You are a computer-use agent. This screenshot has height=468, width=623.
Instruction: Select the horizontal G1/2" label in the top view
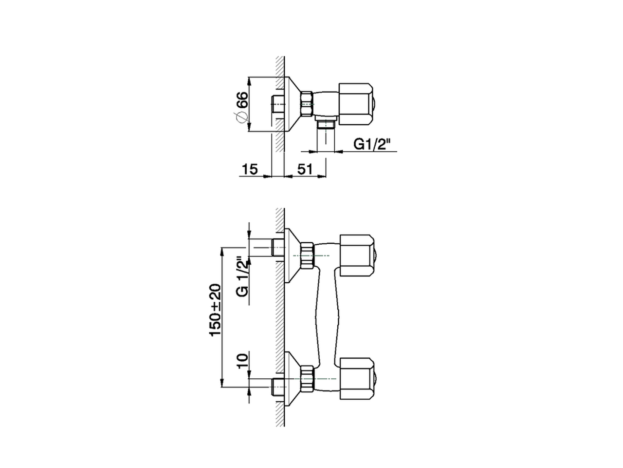[373, 144]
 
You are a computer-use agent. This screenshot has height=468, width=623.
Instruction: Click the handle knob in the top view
[356, 104]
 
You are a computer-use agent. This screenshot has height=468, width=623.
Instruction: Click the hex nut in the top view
[307, 104]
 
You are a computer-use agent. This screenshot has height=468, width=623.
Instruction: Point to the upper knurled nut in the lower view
[307, 255]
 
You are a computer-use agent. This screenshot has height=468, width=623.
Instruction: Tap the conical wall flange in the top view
[292, 104]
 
